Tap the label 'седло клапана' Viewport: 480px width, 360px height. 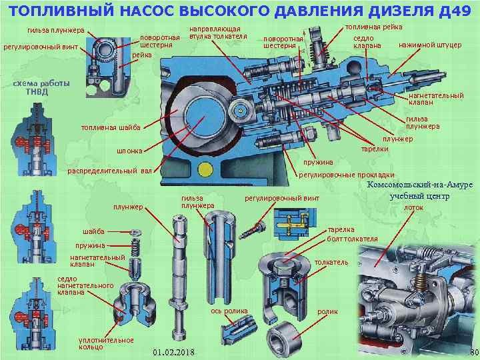(367, 42)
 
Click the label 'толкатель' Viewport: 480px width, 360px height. (331, 262)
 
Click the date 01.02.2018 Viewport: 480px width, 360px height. (173, 351)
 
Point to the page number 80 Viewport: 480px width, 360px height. (473, 351)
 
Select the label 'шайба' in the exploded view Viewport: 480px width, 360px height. (93, 231)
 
